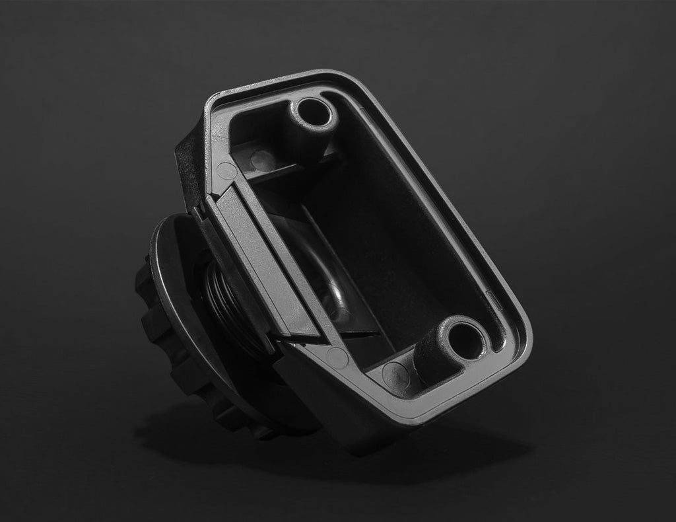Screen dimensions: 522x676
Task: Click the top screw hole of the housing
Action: (315, 112)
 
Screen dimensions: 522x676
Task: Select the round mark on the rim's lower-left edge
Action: (337, 357)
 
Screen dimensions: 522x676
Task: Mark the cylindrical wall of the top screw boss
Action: (297, 132)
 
